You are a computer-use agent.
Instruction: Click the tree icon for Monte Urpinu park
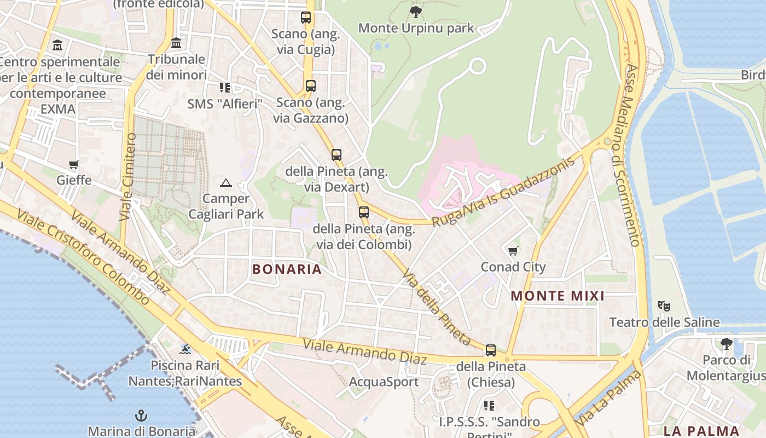[416, 11]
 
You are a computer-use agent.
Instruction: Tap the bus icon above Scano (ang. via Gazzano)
[310, 86]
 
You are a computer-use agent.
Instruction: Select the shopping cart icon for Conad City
[513, 251]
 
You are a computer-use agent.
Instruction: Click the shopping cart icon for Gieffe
[73, 164]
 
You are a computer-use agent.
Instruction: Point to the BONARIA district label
[287, 269]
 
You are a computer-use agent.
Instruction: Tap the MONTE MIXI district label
[558, 296]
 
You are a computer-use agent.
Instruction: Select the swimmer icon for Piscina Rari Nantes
[185, 349]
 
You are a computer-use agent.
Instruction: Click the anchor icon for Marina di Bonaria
[141, 416]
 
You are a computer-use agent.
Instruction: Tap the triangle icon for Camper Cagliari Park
[225, 183]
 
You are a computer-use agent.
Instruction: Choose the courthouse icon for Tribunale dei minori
[176, 43]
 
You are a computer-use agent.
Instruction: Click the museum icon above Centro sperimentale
[57, 45]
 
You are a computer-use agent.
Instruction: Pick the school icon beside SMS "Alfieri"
[224, 88]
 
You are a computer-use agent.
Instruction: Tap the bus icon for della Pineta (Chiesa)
[491, 350]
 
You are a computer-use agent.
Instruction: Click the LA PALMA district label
[701, 430]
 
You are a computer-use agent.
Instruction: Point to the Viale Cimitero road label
[127, 176]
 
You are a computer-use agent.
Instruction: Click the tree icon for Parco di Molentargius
[726, 344]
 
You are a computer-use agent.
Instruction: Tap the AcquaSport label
[384, 382]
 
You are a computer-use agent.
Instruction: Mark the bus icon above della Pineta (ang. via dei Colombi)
[363, 212]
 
